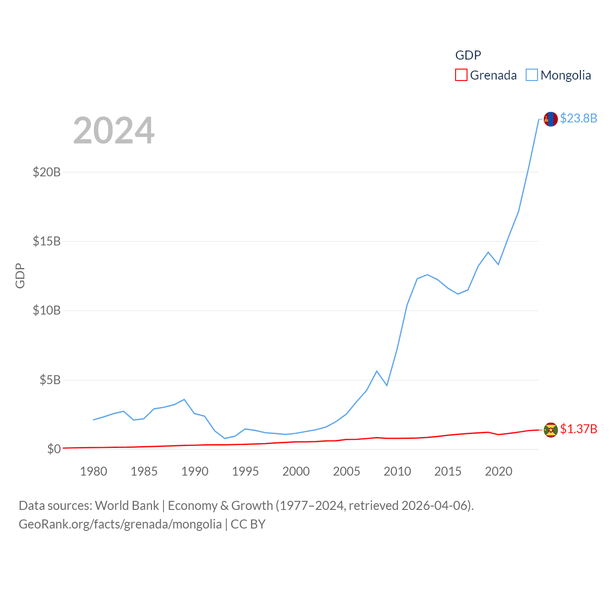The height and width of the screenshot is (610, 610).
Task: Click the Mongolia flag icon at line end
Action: pos(550,119)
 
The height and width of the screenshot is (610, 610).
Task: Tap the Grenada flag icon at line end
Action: pos(550,430)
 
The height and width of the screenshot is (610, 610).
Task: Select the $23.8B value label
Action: pos(578,118)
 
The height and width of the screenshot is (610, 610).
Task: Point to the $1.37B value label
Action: pos(578,429)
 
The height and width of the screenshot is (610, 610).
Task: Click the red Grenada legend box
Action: pos(461,75)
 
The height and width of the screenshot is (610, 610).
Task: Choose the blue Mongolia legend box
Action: pos(531,75)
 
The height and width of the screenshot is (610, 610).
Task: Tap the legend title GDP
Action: pos(468,55)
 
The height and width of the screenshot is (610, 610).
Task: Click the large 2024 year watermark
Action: pos(113,131)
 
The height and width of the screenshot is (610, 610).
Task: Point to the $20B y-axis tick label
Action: pos(47,172)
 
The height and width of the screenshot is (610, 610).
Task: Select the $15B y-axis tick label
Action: pos(47,241)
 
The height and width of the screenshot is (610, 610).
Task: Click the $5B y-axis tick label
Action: pos(50,380)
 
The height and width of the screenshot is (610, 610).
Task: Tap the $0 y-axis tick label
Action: pos(54,449)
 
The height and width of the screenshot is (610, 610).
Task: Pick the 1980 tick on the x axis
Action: pos(93,471)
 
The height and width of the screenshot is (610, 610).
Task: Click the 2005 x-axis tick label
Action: pos(346,471)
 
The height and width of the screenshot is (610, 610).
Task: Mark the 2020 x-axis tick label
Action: pos(498,471)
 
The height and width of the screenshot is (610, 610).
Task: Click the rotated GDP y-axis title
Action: pos(20,275)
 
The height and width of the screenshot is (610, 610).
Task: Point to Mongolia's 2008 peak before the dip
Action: pos(376,371)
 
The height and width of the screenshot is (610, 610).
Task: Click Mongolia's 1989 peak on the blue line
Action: pos(184,399)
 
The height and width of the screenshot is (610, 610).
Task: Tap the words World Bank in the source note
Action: pos(127,505)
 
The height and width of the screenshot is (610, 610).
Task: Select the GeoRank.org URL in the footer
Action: pos(120,524)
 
